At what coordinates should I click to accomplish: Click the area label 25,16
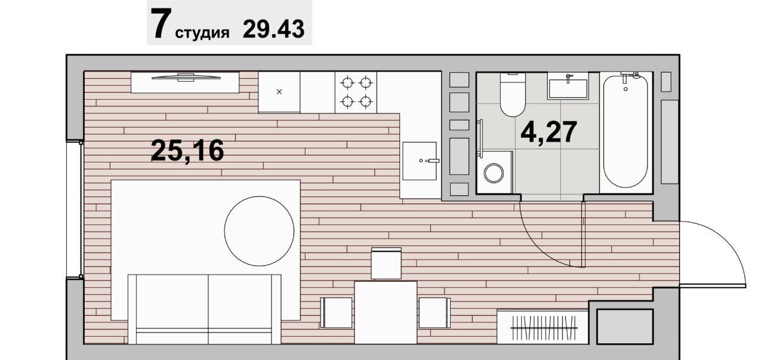[187, 150]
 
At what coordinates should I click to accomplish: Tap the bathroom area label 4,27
[549, 132]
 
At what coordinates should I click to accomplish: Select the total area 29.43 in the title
[273, 29]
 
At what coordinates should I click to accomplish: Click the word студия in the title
[202, 33]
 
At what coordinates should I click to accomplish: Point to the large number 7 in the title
[161, 23]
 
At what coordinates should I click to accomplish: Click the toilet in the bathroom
[513, 94]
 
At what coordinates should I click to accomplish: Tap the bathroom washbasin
[568, 88]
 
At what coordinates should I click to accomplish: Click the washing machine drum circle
[494, 173]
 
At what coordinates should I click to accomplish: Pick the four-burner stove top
[356, 92]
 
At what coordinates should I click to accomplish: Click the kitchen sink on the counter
[420, 161]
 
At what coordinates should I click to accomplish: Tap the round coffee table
[259, 231]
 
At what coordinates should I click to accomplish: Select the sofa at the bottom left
[205, 309]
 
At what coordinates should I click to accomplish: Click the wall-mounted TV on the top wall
[186, 78]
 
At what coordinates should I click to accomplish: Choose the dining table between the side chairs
[386, 312]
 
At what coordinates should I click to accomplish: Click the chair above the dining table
[386, 263]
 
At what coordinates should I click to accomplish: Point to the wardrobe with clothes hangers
[543, 327]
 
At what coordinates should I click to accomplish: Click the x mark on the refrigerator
[279, 92]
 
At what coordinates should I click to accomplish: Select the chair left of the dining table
[336, 313]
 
